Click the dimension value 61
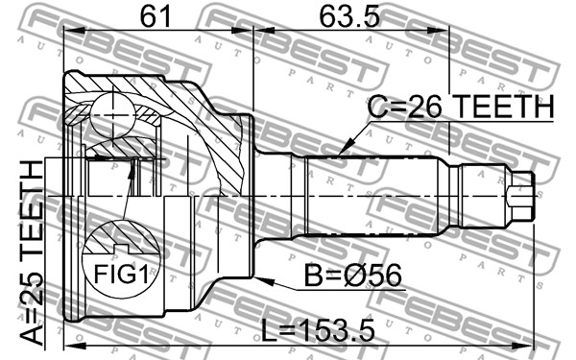coord(156,16)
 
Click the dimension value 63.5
coord(349,16)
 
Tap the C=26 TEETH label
coord(461,107)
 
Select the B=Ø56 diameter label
coord(353,276)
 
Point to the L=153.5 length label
coord(318,330)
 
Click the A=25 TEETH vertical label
coord(32,253)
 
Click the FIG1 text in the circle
coord(121,274)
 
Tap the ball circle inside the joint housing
coord(112,116)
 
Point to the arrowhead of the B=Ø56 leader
coord(263,281)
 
